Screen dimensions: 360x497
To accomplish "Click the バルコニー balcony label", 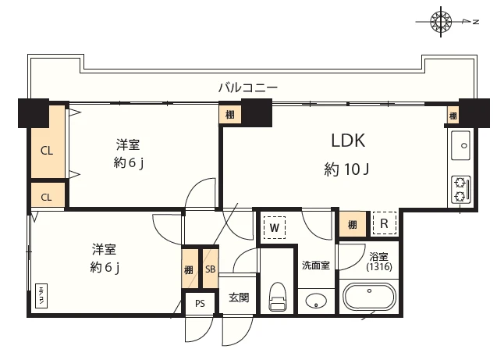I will coord(247,87).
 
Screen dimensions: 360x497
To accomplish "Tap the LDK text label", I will coord(348,141).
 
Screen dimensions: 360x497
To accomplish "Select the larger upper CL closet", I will coord(47,150).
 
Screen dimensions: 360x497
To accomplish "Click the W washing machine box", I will coord(275,227).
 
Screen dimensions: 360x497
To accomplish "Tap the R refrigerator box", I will coord(384,224).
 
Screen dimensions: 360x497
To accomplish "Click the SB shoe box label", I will coord(211,269).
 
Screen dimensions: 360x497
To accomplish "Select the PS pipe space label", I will coord(201,304).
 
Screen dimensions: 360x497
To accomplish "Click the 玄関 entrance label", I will coord(239,298).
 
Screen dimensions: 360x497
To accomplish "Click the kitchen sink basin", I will coord(460,146).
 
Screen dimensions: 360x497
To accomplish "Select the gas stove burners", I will coord(460,190).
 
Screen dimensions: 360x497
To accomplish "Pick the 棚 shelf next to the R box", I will coord(353,225).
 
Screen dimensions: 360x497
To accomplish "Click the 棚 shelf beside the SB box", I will coord(190,269).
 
